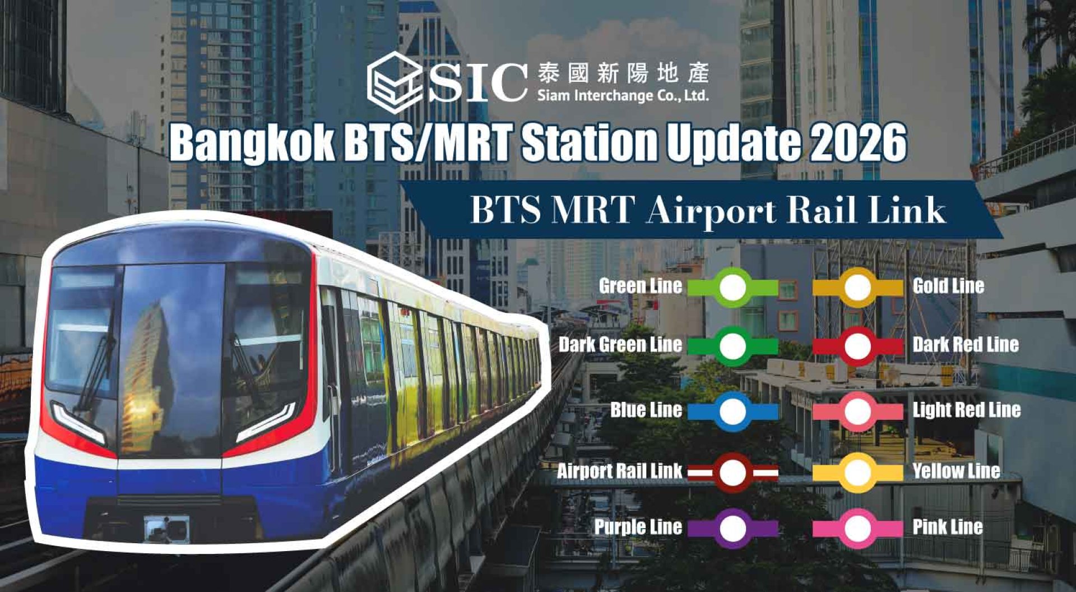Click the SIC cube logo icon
(x=395, y=83)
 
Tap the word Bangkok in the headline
(x=252, y=143)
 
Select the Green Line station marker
(x=732, y=288)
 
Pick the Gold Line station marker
(x=857, y=288)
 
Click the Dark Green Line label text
(x=620, y=344)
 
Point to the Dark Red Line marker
(x=857, y=346)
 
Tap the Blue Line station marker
(x=732, y=411)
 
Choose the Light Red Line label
(x=967, y=410)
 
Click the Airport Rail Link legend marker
(x=732, y=473)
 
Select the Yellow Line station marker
(x=857, y=473)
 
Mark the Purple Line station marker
(x=732, y=528)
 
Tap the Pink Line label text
(x=948, y=527)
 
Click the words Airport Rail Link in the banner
(x=796, y=211)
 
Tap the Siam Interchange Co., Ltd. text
(x=623, y=95)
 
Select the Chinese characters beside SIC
(x=623, y=73)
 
